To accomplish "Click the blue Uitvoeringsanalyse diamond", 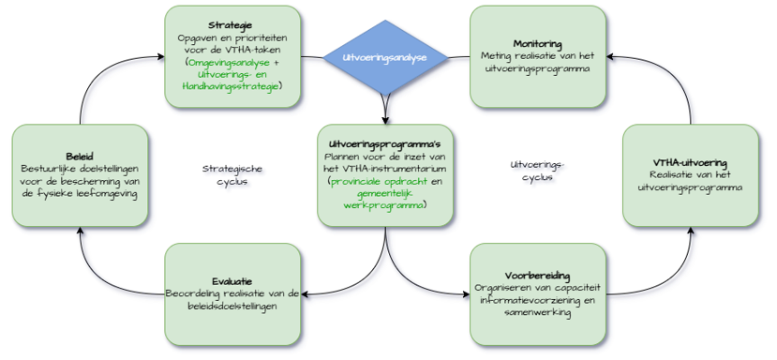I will click(x=385, y=57).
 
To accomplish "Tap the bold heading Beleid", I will click(x=80, y=156).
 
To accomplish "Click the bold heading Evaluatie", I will click(x=232, y=280).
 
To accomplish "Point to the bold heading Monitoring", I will click(x=538, y=44).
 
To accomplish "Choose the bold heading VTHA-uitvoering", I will click(x=690, y=163).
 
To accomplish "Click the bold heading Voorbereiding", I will click(x=538, y=275).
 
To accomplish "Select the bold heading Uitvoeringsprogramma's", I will click(x=385, y=142).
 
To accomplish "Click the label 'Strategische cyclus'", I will click(x=232, y=175).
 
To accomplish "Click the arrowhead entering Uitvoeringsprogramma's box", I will click(x=385, y=117).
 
